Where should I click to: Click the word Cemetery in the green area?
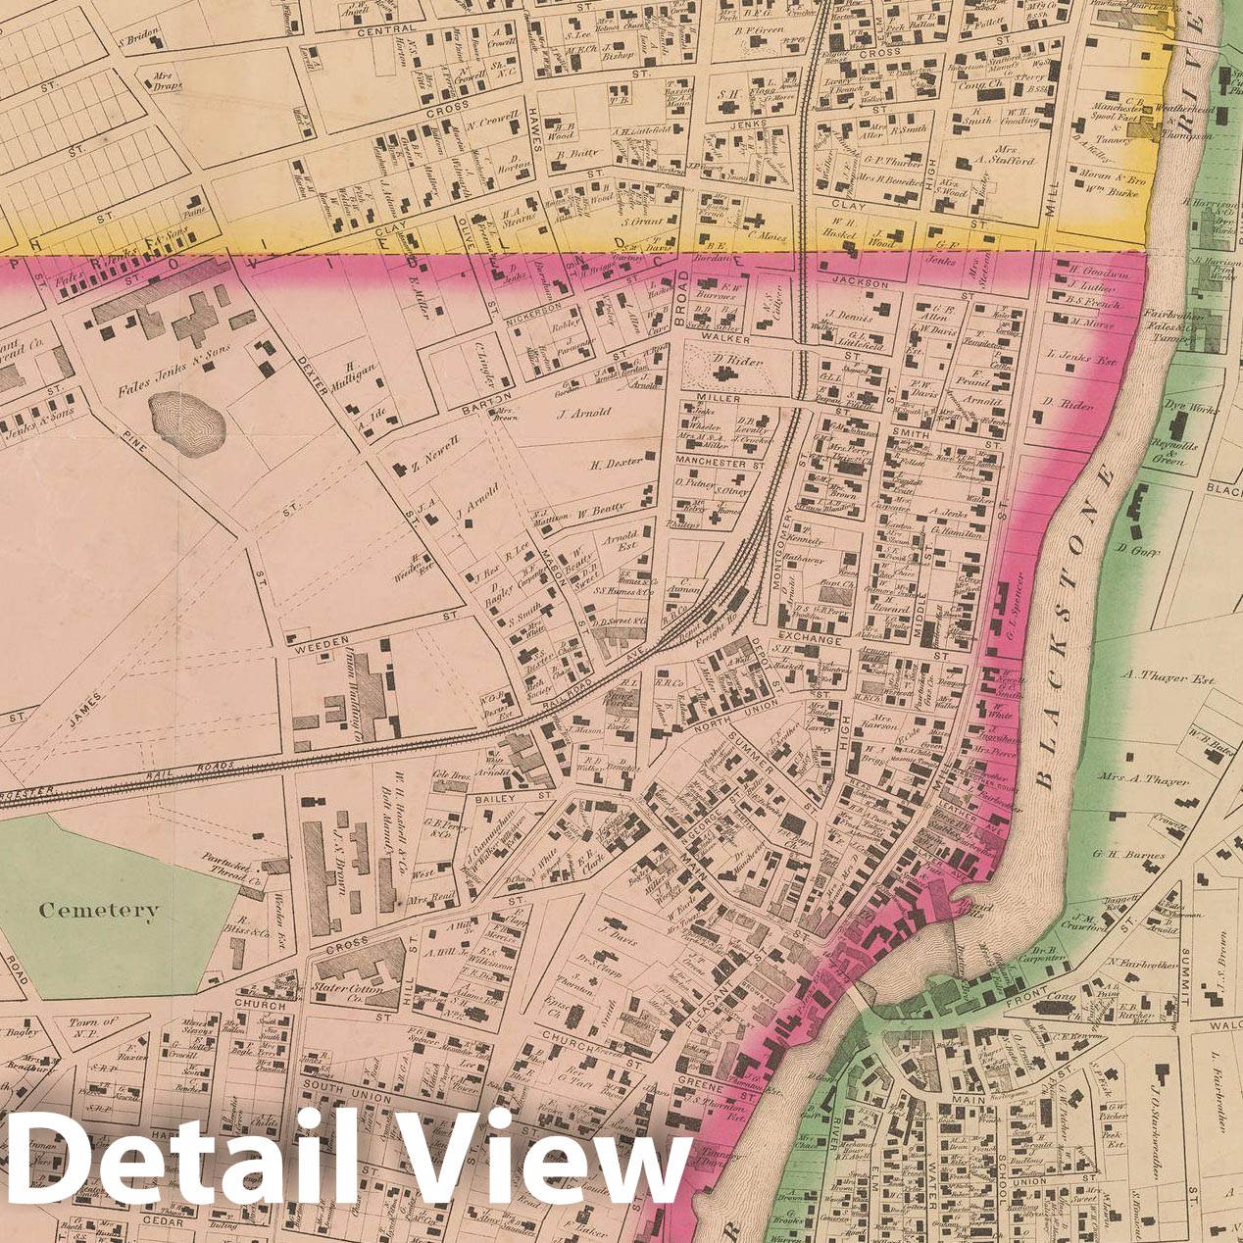pos(98,910)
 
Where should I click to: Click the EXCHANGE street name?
pos(811,639)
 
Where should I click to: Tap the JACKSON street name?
pos(860,284)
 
